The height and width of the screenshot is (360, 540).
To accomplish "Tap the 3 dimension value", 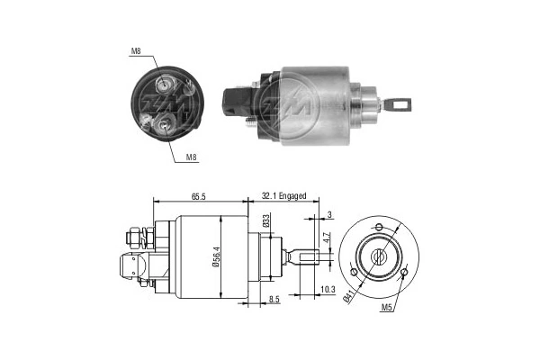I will [x=331, y=214].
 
